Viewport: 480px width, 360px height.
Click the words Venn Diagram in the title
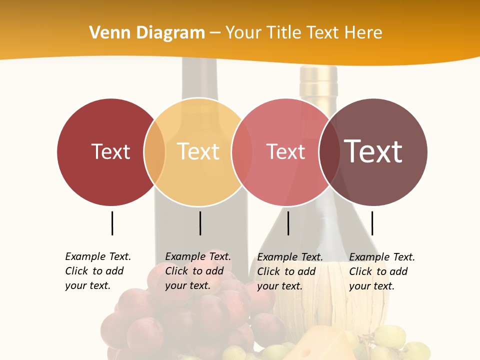coord(147,33)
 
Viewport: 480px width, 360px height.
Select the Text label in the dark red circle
coord(110,151)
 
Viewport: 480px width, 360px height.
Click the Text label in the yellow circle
coord(198,151)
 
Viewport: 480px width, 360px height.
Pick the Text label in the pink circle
coord(285,152)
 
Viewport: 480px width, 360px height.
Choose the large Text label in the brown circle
coord(373,151)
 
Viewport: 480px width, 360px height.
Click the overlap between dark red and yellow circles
coord(154,152)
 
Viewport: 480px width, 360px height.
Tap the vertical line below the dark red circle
coord(112,223)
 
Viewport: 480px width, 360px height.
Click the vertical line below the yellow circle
coord(200,223)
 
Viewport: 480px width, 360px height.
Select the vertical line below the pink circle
coord(288,223)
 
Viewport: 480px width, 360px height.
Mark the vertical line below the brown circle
coord(372,223)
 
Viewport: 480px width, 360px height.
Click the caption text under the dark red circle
coord(97,271)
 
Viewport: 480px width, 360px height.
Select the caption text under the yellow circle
coord(197,271)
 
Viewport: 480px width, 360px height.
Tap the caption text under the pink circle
coord(289,271)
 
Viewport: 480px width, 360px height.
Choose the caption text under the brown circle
coord(381,271)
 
